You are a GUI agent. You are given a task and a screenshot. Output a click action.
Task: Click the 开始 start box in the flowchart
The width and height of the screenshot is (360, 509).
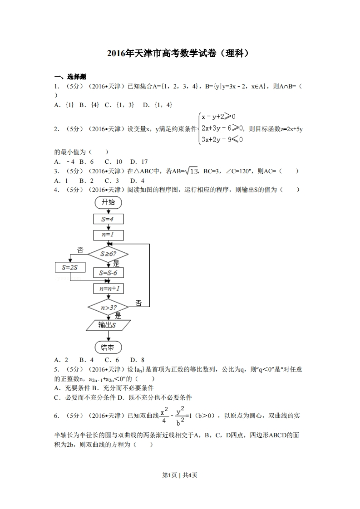pyautogui.click(x=108, y=202)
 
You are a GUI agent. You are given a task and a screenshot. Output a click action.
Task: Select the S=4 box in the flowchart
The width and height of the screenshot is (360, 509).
pyautogui.click(x=108, y=219)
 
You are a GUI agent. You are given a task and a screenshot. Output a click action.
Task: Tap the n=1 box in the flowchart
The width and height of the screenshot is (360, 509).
pyautogui.click(x=108, y=235)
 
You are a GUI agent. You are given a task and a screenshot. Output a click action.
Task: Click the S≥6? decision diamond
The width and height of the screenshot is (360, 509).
pyautogui.click(x=108, y=254)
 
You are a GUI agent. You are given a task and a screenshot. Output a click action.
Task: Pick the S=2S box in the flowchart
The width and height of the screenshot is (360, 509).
pyautogui.click(x=69, y=267)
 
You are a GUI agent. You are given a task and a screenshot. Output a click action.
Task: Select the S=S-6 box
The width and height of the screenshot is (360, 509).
pyautogui.click(x=108, y=273)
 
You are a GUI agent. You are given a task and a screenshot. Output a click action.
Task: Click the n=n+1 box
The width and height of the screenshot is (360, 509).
pyautogui.click(x=108, y=289)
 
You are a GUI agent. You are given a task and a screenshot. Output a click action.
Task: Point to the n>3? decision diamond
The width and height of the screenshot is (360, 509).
pyautogui.click(x=108, y=308)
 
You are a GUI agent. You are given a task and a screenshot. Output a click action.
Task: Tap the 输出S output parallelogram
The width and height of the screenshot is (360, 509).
pyautogui.click(x=108, y=325)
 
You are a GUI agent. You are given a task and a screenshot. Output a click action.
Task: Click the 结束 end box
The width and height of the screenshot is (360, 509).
pyautogui.click(x=108, y=348)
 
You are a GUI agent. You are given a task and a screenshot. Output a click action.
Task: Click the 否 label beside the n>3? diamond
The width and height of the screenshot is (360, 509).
pyautogui.click(x=138, y=303)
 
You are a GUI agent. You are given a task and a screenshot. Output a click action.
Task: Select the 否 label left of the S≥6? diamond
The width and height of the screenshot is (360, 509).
pyautogui.click(x=80, y=250)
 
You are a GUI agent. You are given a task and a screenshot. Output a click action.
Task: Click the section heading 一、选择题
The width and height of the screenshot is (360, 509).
pyautogui.click(x=70, y=77)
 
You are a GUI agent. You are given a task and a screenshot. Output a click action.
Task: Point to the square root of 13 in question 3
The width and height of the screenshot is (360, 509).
pyautogui.click(x=192, y=171)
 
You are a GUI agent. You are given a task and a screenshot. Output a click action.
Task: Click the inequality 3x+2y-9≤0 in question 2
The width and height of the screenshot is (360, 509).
pyautogui.click(x=222, y=139)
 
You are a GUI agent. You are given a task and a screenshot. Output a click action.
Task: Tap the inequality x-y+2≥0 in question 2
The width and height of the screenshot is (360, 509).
pyautogui.click(x=218, y=117)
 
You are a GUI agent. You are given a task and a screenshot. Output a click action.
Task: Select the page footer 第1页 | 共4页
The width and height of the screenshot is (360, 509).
pyautogui.click(x=180, y=475)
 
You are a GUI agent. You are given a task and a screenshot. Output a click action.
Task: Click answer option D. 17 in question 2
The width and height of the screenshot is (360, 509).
pyautogui.click(x=138, y=162)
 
